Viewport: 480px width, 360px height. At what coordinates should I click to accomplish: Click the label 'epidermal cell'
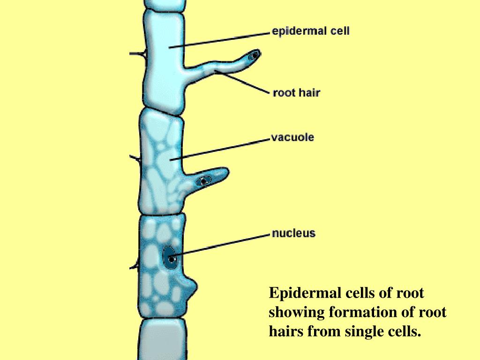pyautogui.click(x=310, y=32)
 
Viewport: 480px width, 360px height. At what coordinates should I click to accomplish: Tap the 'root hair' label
pyautogui.click(x=296, y=93)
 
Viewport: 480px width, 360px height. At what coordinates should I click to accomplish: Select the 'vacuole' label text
pyautogui.click(x=292, y=138)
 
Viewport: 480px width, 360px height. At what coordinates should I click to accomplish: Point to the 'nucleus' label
pyautogui.click(x=294, y=233)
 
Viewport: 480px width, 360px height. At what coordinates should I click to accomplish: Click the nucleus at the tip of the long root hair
pyautogui.click(x=255, y=55)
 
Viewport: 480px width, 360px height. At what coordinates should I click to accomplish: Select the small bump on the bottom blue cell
pyautogui.click(x=191, y=286)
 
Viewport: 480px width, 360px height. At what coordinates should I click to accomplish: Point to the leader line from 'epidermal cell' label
pyautogui.click(x=220, y=39)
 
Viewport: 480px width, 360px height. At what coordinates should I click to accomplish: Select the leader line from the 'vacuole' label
pyautogui.click(x=220, y=149)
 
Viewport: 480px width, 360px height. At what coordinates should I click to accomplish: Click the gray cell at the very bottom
pyautogui.click(x=160, y=340)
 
